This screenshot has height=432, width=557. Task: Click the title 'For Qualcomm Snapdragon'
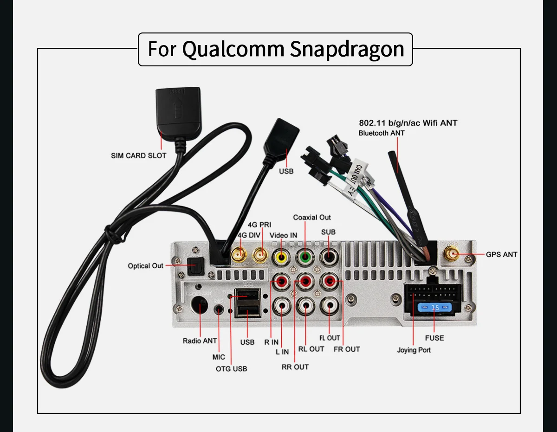click(x=275, y=49)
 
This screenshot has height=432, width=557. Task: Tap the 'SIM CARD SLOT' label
click(x=138, y=155)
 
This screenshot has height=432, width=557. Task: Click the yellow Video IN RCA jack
click(x=281, y=256)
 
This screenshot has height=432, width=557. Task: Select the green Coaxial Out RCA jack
click(x=305, y=256)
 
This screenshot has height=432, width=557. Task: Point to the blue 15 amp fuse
click(x=435, y=308)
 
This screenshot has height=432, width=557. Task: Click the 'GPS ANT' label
click(x=501, y=254)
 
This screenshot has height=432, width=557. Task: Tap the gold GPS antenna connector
click(x=451, y=254)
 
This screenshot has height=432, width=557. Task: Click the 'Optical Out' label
click(x=146, y=266)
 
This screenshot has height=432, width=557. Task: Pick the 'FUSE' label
click(x=434, y=338)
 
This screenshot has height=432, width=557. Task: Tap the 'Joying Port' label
click(x=414, y=350)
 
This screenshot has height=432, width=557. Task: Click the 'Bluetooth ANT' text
click(x=382, y=133)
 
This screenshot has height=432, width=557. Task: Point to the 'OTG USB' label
click(x=232, y=369)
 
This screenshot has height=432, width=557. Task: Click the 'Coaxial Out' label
click(x=312, y=218)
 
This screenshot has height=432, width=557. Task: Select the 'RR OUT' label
click(x=295, y=367)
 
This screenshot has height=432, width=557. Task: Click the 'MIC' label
click(x=219, y=357)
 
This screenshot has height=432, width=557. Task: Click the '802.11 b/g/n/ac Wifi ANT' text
click(x=408, y=123)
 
